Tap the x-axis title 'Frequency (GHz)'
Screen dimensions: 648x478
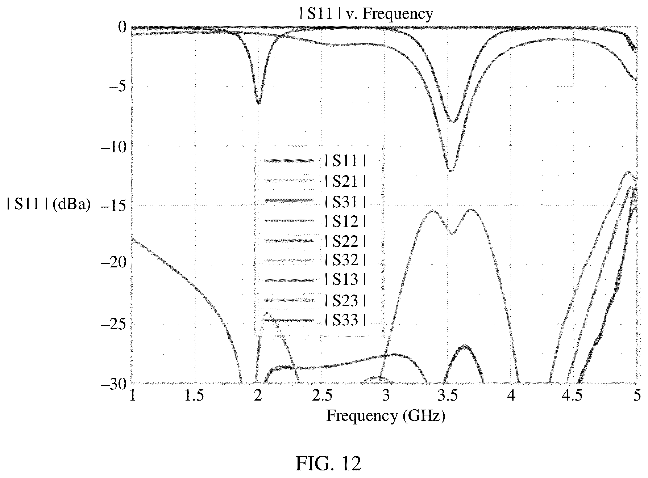(386, 416)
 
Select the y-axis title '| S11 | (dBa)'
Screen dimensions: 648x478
(49, 204)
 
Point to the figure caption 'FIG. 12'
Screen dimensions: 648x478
(328, 464)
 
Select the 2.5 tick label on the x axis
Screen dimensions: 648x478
(322, 396)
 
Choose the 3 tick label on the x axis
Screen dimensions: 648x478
(385, 396)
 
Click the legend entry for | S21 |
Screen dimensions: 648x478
(315, 181)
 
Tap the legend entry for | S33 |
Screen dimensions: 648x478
(315, 320)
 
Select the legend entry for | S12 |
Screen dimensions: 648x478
(315, 221)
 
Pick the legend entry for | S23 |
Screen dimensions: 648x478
(315, 300)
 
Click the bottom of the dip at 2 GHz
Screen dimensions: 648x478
(258, 104)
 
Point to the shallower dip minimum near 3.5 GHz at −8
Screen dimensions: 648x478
(452, 121)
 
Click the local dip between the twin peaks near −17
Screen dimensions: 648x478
(452, 233)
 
